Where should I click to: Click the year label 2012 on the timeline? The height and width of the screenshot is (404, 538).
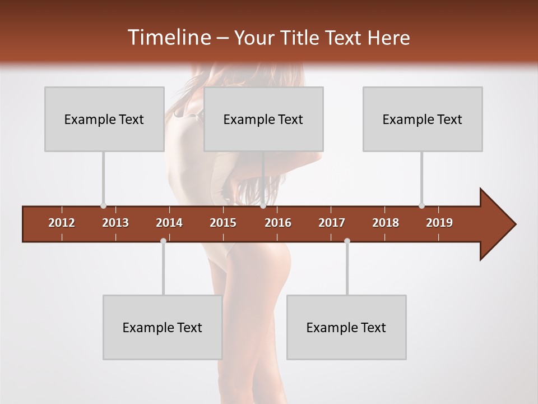[x=62, y=223]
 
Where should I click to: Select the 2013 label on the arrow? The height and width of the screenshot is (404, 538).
[x=115, y=223]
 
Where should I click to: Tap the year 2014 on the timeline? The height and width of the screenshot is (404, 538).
[x=169, y=223]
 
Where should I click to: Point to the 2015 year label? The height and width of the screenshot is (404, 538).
[x=223, y=223]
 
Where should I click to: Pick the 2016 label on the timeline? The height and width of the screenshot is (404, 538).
[x=278, y=223]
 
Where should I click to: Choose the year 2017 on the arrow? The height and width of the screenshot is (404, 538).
[x=332, y=223]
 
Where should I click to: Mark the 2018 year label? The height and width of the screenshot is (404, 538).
[x=386, y=223]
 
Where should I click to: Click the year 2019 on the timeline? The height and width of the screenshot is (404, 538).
[x=439, y=223]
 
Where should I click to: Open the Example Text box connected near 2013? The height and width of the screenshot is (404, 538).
[x=104, y=119]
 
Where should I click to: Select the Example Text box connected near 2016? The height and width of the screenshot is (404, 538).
[x=263, y=119]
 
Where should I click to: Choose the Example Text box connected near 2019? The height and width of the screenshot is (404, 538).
[x=423, y=119]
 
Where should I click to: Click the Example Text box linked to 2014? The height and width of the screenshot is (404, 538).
[x=163, y=327]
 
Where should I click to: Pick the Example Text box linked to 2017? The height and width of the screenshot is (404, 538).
[x=346, y=327]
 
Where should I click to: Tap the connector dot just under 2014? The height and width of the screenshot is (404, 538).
[x=163, y=241]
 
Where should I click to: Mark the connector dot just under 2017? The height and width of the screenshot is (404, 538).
[x=347, y=241]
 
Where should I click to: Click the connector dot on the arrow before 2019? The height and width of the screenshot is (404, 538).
[x=422, y=205]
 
